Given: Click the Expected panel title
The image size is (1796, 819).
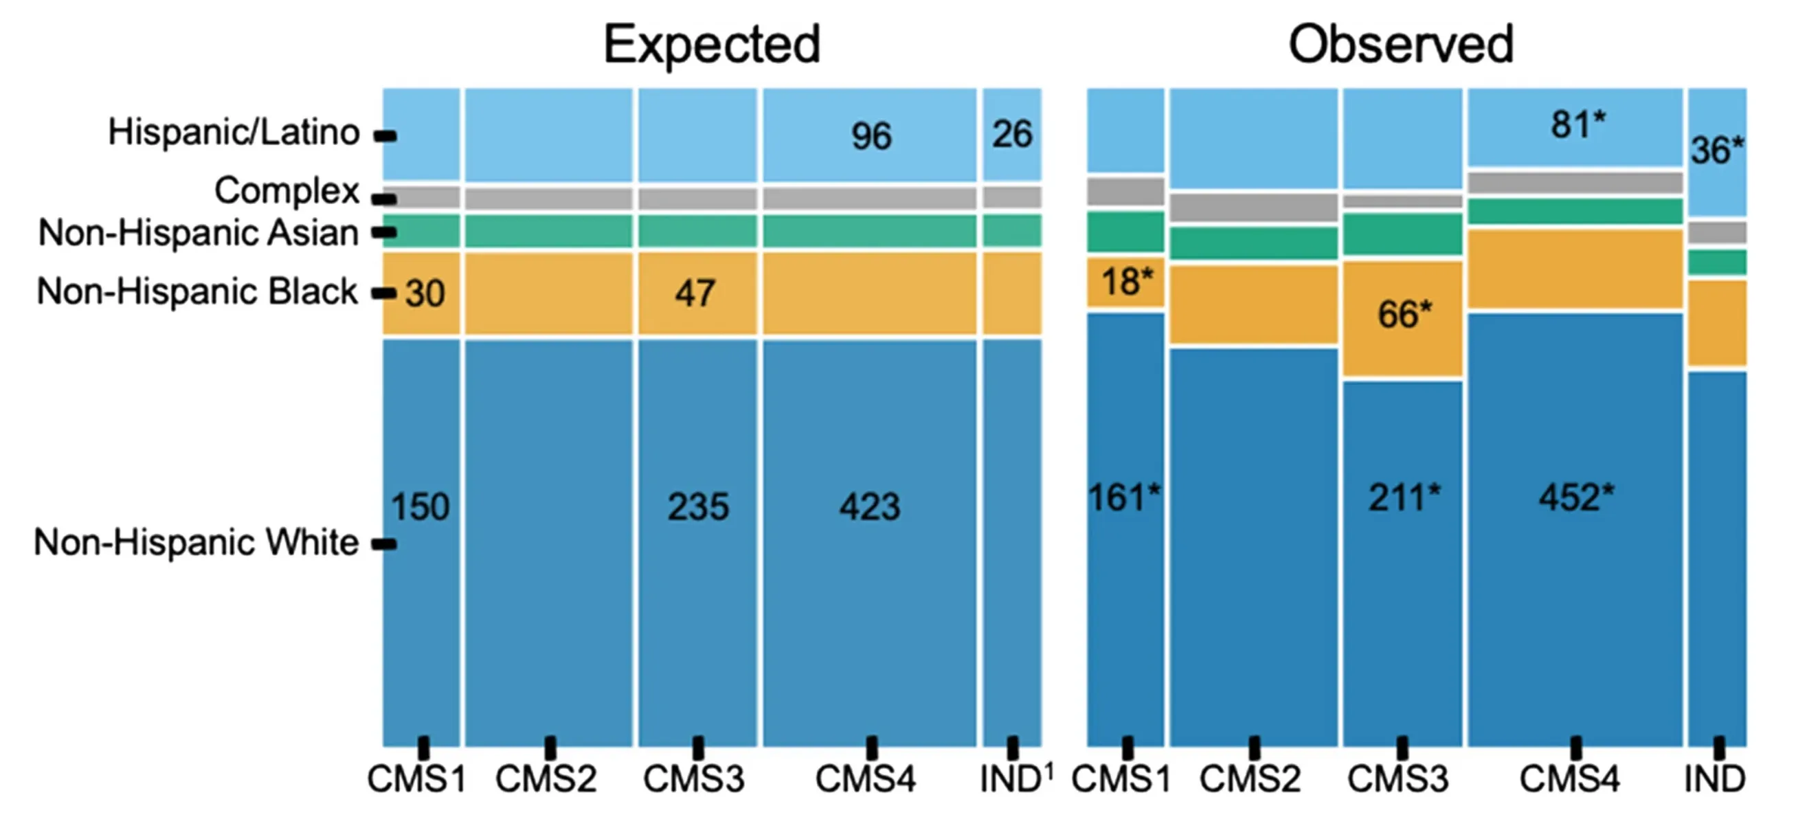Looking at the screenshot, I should pyautogui.click(x=711, y=45).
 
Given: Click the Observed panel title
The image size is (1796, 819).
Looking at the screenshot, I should pyautogui.click(x=1400, y=45).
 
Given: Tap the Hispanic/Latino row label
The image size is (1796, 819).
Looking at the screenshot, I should pyautogui.click(x=234, y=132).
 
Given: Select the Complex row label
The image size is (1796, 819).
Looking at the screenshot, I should pyautogui.click(x=287, y=190).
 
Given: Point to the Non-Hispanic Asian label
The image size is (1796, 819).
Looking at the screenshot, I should pyautogui.click(x=199, y=232).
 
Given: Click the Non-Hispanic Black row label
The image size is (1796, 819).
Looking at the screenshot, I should pyautogui.click(x=197, y=291).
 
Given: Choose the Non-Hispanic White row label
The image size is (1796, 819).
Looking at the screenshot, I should pyautogui.click(x=196, y=541).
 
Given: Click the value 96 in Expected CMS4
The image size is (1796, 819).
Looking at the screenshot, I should pyautogui.click(x=871, y=136).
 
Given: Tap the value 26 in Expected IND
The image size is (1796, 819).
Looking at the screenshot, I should pyautogui.click(x=1011, y=134).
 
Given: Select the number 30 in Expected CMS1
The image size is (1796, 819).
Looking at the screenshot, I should pyautogui.click(x=425, y=293).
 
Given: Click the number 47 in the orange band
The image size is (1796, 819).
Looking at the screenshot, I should pyautogui.click(x=695, y=293).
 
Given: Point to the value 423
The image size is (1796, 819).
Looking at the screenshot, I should pyautogui.click(x=869, y=507).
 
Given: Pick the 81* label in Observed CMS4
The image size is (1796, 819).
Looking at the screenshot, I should pyautogui.click(x=1578, y=126).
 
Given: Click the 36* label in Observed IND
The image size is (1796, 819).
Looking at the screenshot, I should pyautogui.click(x=1716, y=150).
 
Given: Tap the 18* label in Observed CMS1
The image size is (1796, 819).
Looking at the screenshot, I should pyautogui.click(x=1127, y=282).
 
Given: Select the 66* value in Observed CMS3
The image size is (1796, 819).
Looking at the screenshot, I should pyautogui.click(x=1404, y=315).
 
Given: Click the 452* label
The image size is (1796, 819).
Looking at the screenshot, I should pyautogui.click(x=1576, y=497).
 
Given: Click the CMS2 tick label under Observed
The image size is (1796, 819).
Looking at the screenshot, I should pyautogui.click(x=1250, y=778).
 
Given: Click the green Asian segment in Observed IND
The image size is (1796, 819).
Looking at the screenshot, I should pyautogui.click(x=1717, y=262).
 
